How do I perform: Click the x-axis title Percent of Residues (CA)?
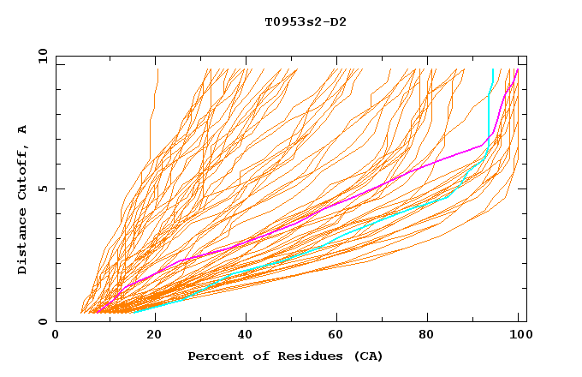click(285, 356)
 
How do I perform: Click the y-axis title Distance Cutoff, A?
click(22, 199)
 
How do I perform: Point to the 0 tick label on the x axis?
click(56, 335)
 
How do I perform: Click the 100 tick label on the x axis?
click(518, 335)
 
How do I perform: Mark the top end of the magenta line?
click(517, 70)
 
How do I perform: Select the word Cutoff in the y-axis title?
click(22, 174)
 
